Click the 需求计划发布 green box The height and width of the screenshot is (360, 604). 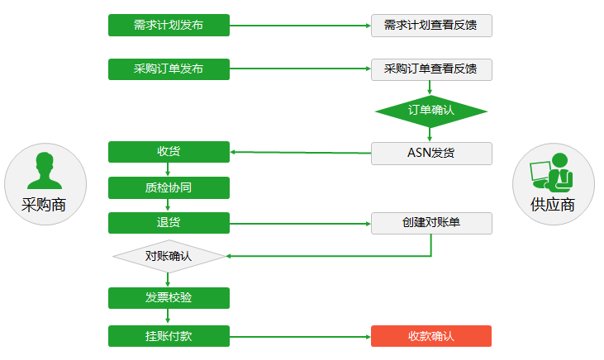pos(169,25)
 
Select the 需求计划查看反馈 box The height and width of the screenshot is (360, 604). pos(431,25)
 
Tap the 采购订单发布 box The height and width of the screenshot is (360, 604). pos(169,69)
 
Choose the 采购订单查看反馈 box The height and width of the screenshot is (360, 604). pos(431,69)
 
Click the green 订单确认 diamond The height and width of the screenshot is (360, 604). pos(431,110)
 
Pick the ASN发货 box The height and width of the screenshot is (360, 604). pos(431,153)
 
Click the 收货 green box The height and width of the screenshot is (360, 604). pos(169,152)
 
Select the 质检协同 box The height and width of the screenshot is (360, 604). pos(169,187)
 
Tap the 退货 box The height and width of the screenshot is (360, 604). pos(169,223)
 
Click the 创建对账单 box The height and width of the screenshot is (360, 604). pos(431,223)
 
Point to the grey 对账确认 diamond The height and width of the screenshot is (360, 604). pos(169,257)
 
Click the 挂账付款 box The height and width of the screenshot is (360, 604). pos(169,336)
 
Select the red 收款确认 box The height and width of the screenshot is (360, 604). pos(431,336)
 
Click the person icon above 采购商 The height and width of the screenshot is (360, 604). pos(45,171)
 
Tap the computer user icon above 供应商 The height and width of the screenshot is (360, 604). pos(553,173)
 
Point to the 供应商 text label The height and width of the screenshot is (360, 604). pos(553,205)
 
